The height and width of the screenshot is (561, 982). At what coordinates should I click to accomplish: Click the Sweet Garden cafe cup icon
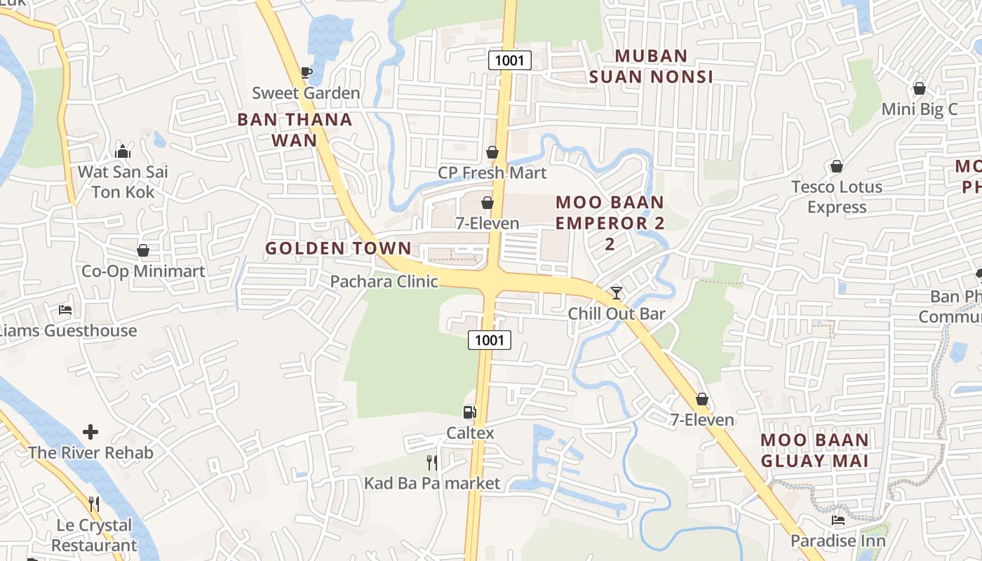306,72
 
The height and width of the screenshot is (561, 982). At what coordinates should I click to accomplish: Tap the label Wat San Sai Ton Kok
123,182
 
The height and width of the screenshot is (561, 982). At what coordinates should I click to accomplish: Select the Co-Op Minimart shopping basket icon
143,250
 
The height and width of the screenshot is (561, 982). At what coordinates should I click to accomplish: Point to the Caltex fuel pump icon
470,412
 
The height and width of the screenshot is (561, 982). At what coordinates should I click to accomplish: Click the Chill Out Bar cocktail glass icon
617,293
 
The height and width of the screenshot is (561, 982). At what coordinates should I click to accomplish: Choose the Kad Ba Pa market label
432,483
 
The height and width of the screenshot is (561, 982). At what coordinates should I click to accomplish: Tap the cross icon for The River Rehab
90,432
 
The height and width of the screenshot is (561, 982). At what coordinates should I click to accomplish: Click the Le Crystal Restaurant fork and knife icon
94,504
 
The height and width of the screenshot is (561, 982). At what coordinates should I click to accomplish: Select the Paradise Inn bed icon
838,520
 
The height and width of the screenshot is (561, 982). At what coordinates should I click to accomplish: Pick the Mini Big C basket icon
919,88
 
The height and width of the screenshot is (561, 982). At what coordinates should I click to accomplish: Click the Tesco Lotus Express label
837,197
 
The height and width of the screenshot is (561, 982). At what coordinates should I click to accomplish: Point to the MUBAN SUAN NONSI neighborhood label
652,66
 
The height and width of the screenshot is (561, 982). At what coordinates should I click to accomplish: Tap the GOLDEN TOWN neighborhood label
338,248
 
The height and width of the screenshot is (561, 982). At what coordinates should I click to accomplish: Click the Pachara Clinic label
384,282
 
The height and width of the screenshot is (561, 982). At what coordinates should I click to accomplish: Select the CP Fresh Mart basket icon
492,152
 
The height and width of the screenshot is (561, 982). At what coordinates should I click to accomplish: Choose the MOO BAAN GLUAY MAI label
815,450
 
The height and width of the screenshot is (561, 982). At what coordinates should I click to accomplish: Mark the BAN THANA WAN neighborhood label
295,130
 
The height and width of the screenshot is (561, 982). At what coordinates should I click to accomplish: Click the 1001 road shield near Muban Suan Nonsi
509,60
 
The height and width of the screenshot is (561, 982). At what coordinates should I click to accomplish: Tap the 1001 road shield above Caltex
490,341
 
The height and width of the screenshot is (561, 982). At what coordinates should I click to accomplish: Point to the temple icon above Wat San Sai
123,151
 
